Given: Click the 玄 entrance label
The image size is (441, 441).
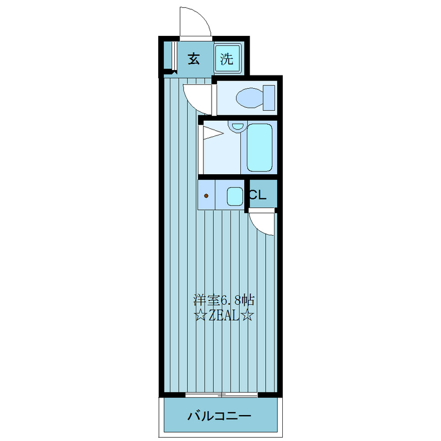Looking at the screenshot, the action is (194, 59).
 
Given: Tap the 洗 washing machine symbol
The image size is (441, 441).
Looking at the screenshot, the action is (227, 58).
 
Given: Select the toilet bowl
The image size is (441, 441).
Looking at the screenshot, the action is (250, 98).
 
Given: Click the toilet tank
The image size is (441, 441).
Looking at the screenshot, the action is (269, 98).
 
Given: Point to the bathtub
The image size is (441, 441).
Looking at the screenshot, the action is (259, 148).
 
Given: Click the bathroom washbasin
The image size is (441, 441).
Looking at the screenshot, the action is (238, 126).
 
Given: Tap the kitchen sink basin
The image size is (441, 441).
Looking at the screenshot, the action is (235, 196).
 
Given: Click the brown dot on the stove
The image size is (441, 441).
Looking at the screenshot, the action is (206, 196).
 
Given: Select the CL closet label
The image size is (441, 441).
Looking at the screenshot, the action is (257, 195).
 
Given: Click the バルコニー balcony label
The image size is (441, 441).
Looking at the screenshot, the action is (219, 416).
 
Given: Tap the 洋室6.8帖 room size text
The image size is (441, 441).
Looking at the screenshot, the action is (224, 300).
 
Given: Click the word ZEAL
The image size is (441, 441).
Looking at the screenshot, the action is (224, 316).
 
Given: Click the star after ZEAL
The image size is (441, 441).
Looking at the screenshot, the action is (247, 316).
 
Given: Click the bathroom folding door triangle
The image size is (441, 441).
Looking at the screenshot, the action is (213, 133).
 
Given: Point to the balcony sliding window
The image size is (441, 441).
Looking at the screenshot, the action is (222, 395).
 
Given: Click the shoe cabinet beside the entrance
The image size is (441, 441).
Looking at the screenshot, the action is (168, 56).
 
